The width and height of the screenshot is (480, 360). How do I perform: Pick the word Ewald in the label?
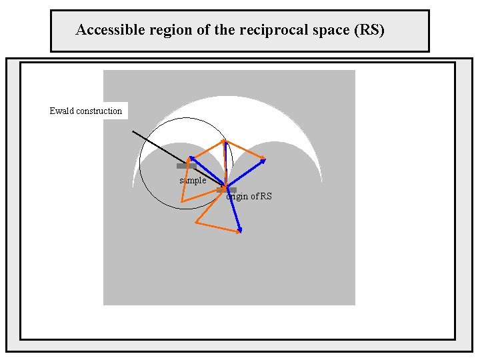62,111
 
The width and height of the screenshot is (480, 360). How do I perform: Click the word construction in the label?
99,111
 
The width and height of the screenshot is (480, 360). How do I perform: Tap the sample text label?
193,181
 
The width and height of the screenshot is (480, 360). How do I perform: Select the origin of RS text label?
249,196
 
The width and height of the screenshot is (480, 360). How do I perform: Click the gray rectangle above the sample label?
186,166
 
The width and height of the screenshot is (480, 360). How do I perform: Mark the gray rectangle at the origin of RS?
227,190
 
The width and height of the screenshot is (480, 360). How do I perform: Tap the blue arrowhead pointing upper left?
189,157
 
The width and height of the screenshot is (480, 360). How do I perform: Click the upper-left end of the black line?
133,131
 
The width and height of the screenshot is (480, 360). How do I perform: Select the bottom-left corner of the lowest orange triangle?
195,223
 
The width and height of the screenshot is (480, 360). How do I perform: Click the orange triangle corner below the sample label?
182,201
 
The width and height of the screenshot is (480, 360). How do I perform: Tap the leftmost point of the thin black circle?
139,164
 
